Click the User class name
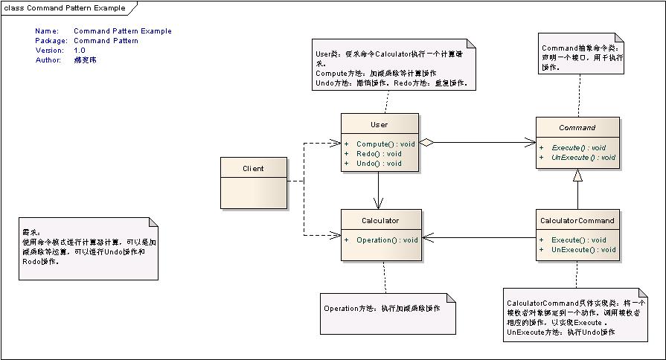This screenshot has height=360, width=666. click(x=378, y=124)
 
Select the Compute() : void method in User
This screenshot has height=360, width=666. click(x=385, y=144)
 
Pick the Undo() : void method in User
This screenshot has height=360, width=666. click(x=379, y=163)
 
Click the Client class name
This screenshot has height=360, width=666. click(x=253, y=168)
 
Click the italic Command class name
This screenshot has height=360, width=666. click(x=577, y=128)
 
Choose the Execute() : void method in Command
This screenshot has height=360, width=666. click(x=578, y=147)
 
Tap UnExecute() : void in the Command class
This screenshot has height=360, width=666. click(x=583, y=157)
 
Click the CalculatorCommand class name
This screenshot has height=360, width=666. click(x=577, y=220)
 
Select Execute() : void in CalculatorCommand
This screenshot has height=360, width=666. click(x=578, y=240)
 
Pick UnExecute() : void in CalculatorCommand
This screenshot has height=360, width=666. click(x=583, y=249)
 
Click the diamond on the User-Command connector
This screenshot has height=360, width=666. click(x=426, y=141)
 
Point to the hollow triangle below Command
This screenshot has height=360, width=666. click(x=577, y=177)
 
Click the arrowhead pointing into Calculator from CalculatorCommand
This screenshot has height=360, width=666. click(x=427, y=239)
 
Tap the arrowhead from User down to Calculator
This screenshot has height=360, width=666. click(x=379, y=204)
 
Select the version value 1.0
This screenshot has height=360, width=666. click(x=80, y=51)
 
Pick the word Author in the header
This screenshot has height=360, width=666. click(x=48, y=60)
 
